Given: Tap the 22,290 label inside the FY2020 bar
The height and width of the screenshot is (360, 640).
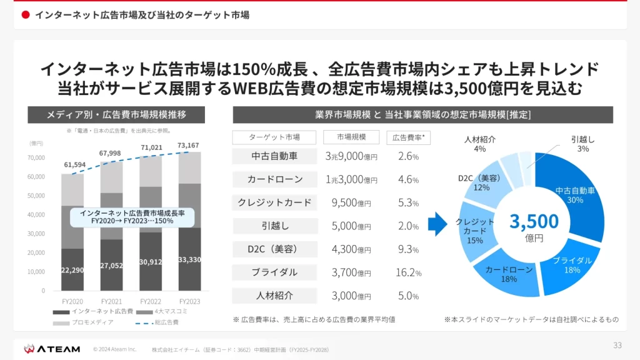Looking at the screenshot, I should click(72, 270).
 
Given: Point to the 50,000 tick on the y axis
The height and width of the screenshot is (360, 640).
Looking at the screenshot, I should click(36, 196).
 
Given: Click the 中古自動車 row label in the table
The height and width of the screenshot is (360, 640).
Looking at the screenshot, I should click(274, 156).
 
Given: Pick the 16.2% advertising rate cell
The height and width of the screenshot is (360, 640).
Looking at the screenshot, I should click(409, 272).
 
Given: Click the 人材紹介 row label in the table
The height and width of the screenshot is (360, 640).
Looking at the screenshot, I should click(274, 296).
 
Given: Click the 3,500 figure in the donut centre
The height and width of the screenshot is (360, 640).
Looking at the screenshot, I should click(534, 222).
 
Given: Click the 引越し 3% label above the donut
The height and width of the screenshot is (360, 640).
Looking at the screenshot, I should click(583, 144).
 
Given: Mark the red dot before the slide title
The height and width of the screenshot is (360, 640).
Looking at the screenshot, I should click(26, 15).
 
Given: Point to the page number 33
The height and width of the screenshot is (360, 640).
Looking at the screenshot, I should click(617, 345).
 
